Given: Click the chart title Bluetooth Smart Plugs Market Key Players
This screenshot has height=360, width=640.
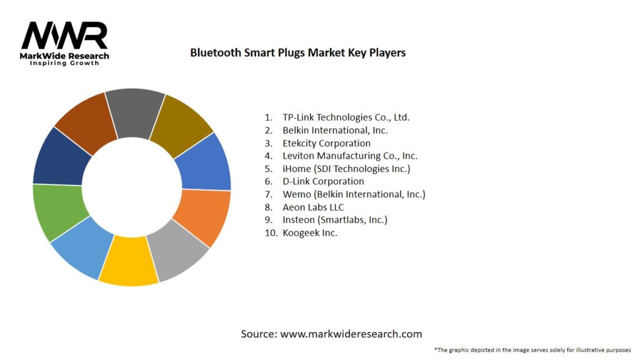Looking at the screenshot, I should [298, 52].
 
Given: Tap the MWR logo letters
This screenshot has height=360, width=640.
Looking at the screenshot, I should [64, 36].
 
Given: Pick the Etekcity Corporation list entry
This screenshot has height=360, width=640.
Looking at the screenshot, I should [326, 143].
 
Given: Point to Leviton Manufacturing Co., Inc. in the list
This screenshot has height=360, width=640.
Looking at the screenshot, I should [349, 156].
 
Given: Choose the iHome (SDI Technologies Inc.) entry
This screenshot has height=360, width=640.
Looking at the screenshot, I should [346, 169].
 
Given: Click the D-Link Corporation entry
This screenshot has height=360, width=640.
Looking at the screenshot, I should [323, 181].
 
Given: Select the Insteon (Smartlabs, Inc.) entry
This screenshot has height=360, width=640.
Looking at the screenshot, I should [334, 220].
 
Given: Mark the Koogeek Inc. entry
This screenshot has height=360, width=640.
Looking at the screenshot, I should [309, 232].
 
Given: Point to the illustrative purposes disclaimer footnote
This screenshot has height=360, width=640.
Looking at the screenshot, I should [532, 349].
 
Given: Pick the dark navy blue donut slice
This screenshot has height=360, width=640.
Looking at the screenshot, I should [58, 157].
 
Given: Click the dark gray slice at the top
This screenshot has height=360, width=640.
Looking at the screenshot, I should [134, 111].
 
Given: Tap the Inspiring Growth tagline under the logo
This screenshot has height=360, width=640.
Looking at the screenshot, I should [64, 63].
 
